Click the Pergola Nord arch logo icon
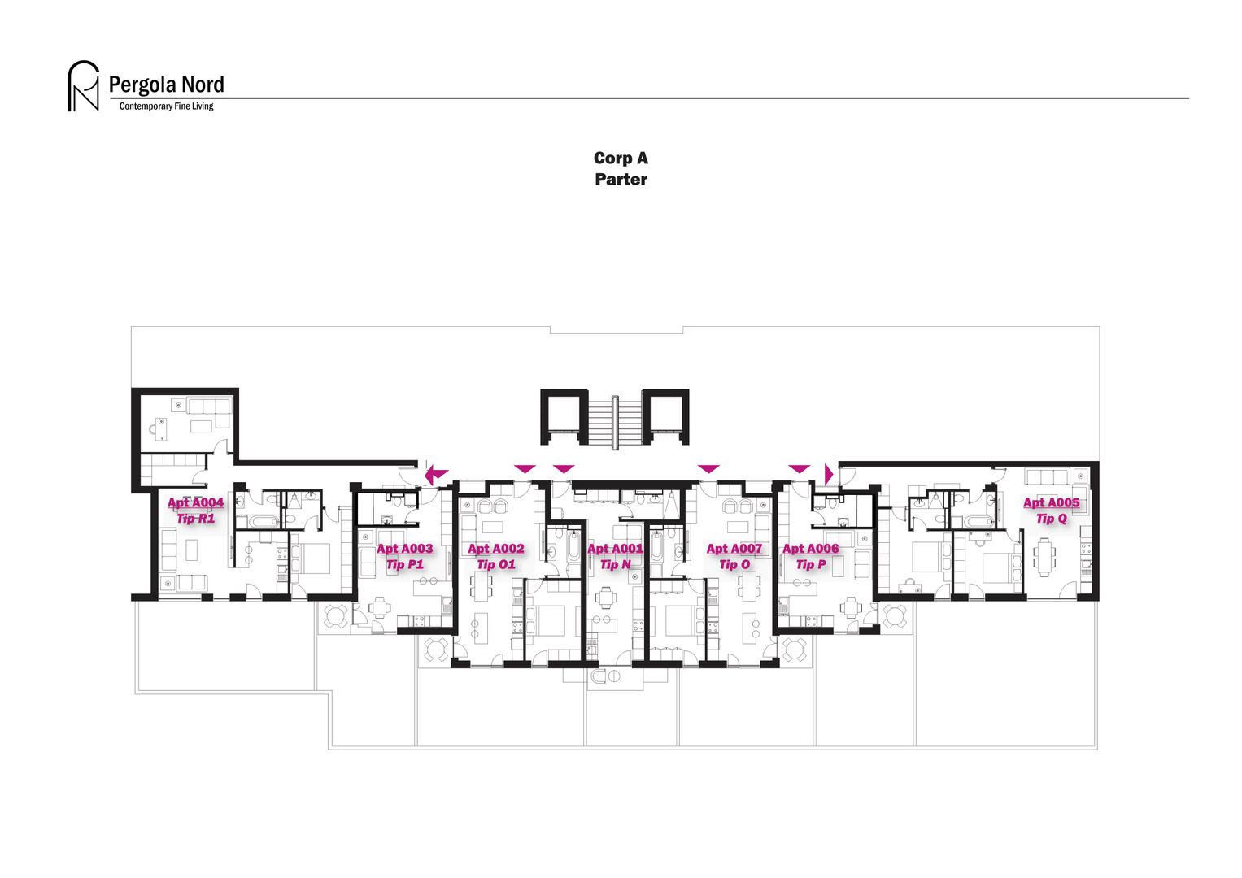[x=83, y=86]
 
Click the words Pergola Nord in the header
[x=166, y=85]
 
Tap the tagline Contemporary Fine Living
[x=166, y=106]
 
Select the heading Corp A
[x=621, y=159]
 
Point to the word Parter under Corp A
[x=621, y=180]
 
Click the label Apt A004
[x=195, y=502]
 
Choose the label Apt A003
[x=404, y=549]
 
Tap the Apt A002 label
[x=496, y=549]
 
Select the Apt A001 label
[x=615, y=549]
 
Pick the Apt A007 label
[x=734, y=549]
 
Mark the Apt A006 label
[x=810, y=549]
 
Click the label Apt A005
[x=1051, y=502]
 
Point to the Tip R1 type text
[x=195, y=519]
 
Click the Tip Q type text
[x=1051, y=519]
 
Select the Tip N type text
[x=615, y=565]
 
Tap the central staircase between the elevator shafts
[x=614, y=421]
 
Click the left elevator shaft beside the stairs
[x=564, y=416]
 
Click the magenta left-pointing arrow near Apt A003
[x=436, y=473]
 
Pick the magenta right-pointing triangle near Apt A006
[x=829, y=474]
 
